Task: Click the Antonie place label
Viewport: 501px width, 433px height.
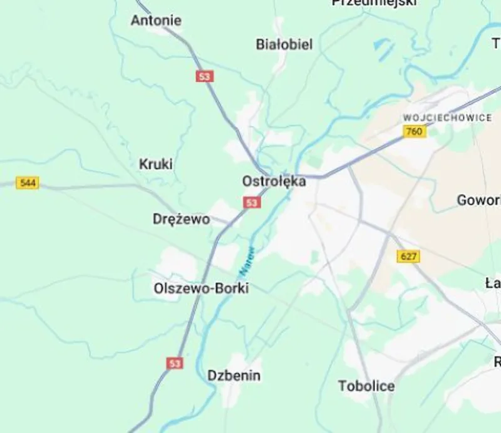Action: pos(156,21)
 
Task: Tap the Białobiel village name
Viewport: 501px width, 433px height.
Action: pos(284,44)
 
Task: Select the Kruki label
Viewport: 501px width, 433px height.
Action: pos(155,165)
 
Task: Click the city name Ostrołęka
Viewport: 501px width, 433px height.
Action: pos(274,181)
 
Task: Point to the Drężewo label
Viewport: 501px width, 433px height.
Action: pos(181,220)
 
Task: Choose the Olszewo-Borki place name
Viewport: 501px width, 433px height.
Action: pos(201,288)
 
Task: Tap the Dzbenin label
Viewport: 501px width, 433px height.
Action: pos(234,376)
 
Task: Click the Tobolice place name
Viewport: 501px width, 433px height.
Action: pos(366,386)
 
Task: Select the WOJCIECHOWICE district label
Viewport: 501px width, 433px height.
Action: pos(447,118)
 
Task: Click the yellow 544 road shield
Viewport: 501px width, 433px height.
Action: pos(28,183)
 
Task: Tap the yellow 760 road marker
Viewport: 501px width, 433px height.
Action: pos(414,131)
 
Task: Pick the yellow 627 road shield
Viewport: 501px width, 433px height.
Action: pos(408,257)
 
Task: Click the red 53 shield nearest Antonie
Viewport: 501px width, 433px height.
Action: pos(204,76)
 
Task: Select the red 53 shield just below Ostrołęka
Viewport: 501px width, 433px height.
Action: pos(252,203)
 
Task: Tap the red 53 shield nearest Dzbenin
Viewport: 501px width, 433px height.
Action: pos(175,363)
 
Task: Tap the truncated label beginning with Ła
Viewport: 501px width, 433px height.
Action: pos(493,283)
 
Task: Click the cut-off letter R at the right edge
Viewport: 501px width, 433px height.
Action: pos(497,362)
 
